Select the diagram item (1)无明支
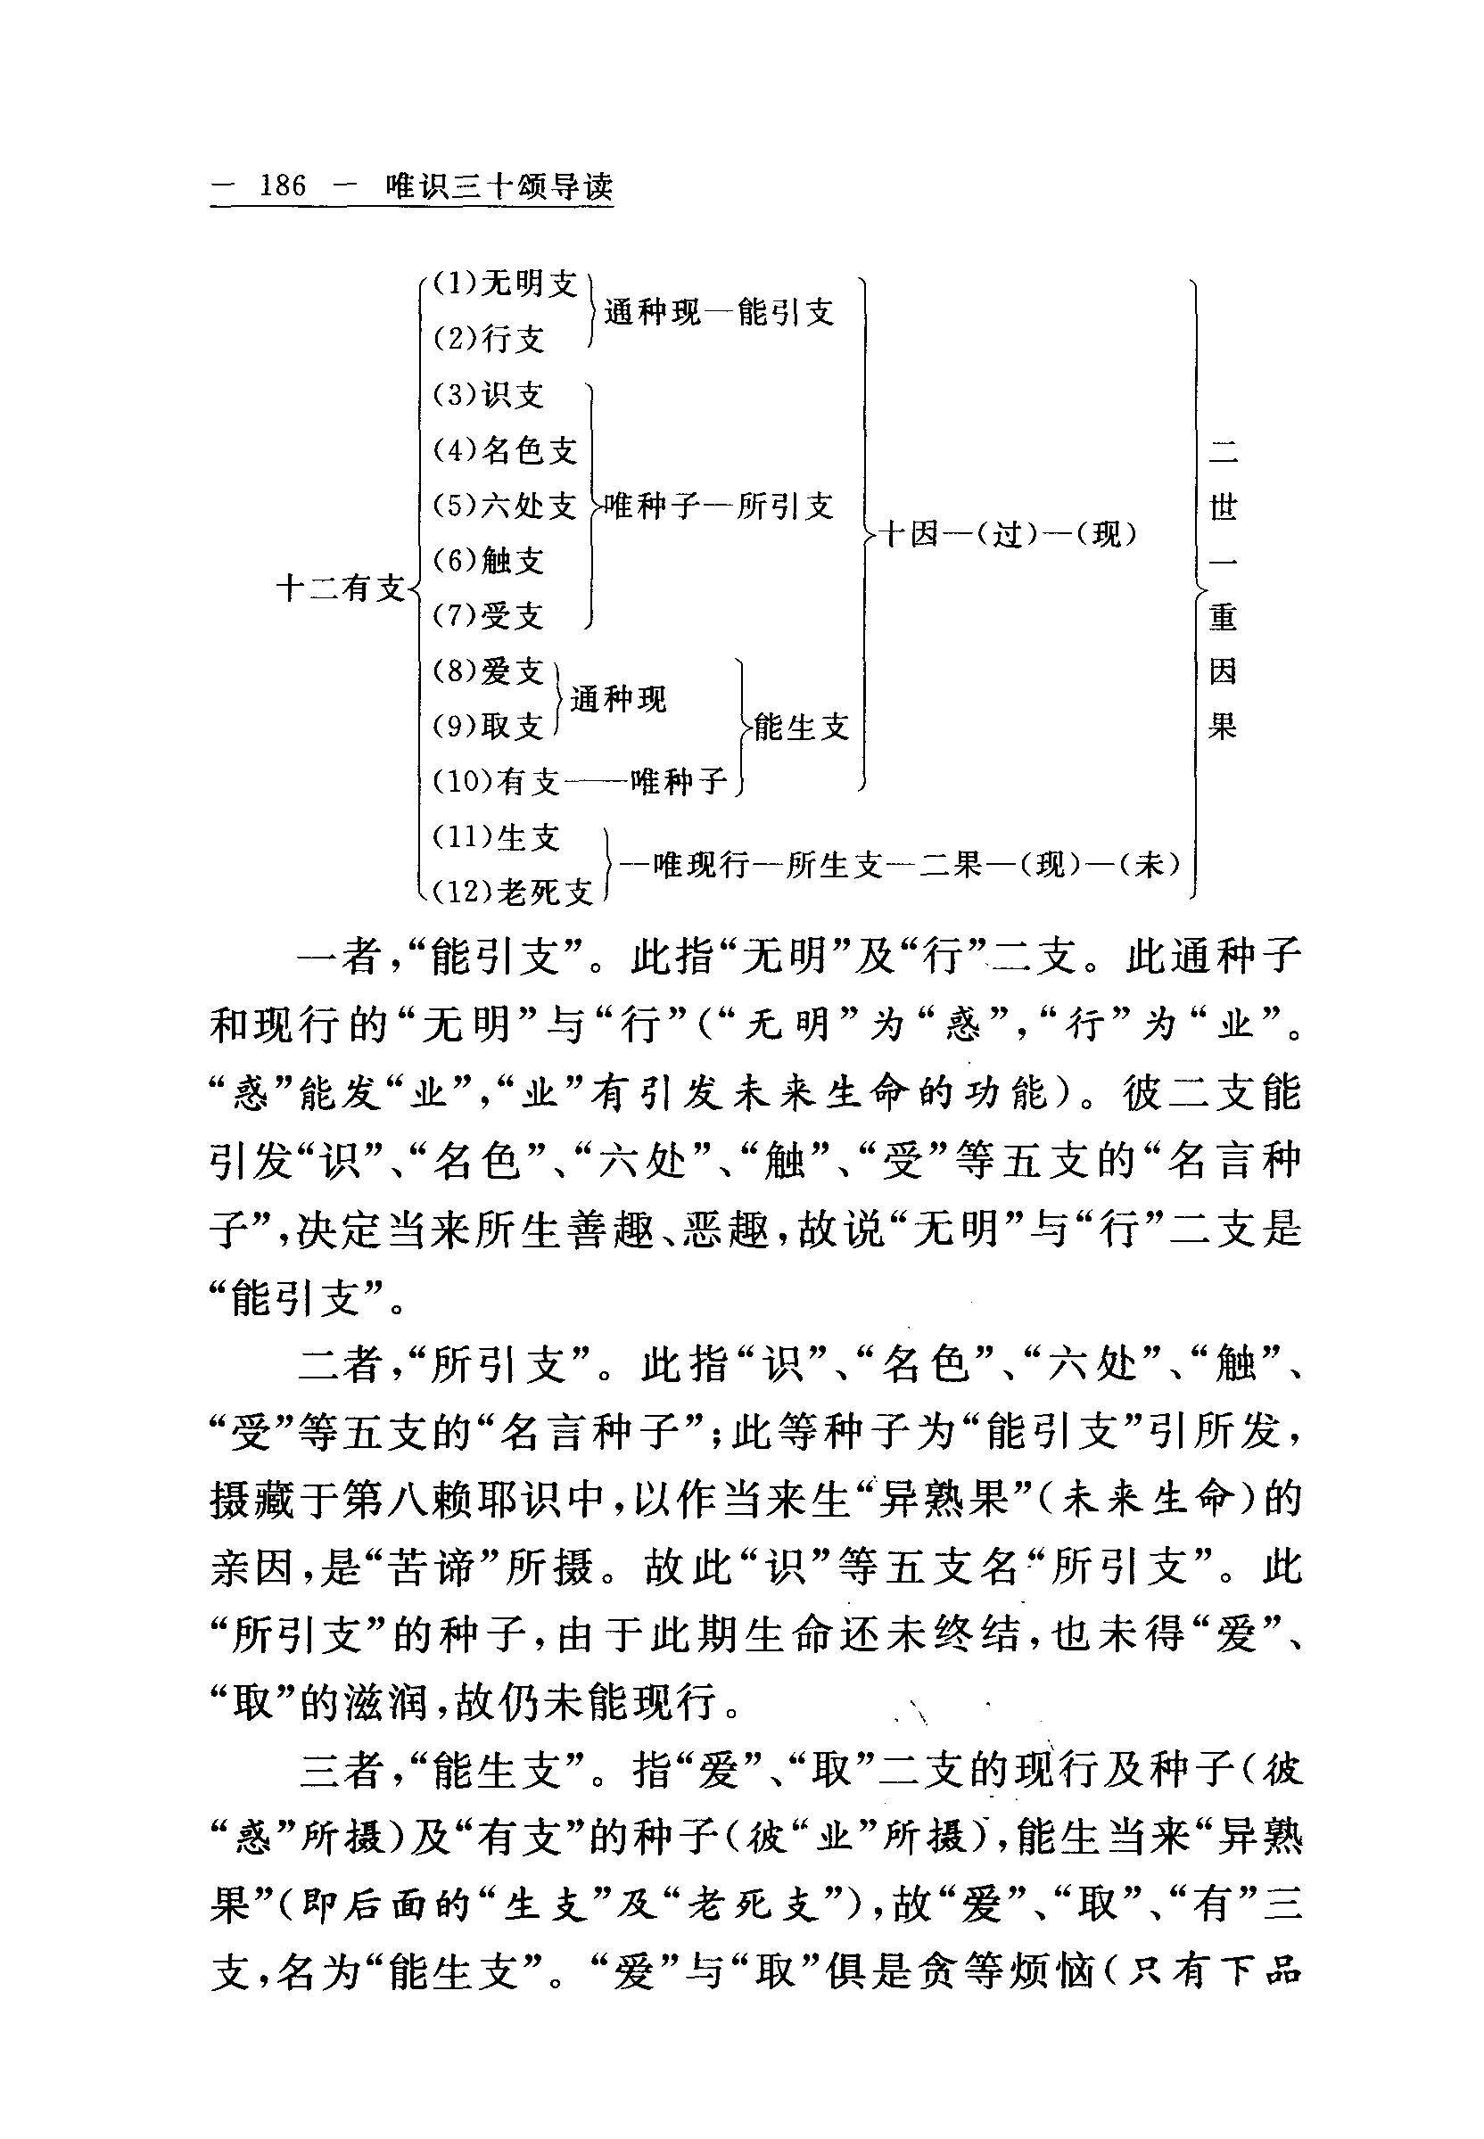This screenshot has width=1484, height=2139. coord(506,284)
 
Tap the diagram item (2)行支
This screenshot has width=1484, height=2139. coord(489,339)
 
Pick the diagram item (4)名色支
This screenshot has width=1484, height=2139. coord(506,451)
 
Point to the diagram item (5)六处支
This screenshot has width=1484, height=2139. coord(506,506)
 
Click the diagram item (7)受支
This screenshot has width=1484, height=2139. coord(489,615)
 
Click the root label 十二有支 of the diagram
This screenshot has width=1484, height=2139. coord(342,588)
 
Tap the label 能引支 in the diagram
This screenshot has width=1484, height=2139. coord(786,312)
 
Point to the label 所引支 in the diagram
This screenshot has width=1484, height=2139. coord(786,506)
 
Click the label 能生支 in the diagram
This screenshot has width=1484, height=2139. coord(802,727)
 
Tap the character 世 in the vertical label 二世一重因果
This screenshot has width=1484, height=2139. coord(1223,507)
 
